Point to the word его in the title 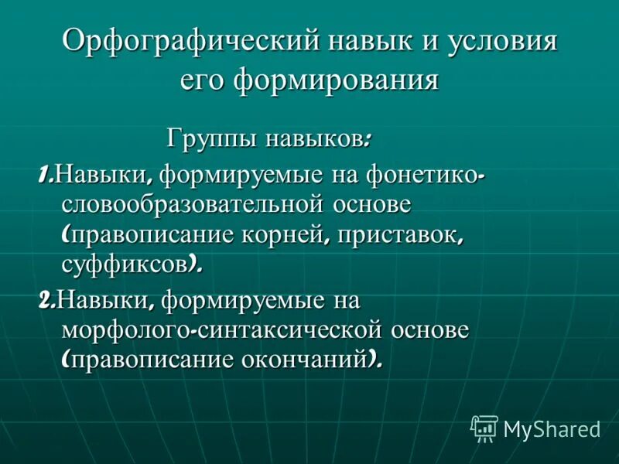(203, 80)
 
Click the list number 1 (44, 175)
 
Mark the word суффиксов (124, 264)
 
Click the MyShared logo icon (484, 428)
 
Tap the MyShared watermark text (552, 429)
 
